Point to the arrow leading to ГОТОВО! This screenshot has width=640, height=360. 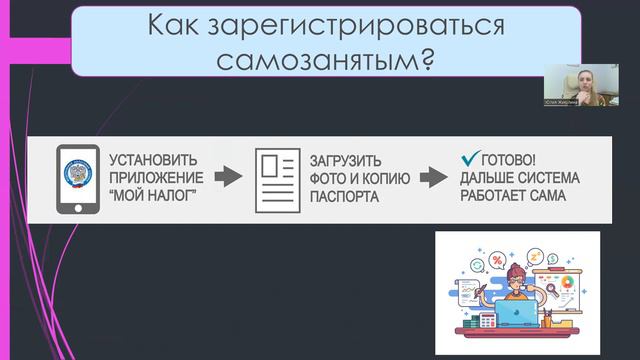(432, 177)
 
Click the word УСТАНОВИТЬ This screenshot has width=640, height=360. (153, 160)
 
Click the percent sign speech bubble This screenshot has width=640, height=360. (496, 261)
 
